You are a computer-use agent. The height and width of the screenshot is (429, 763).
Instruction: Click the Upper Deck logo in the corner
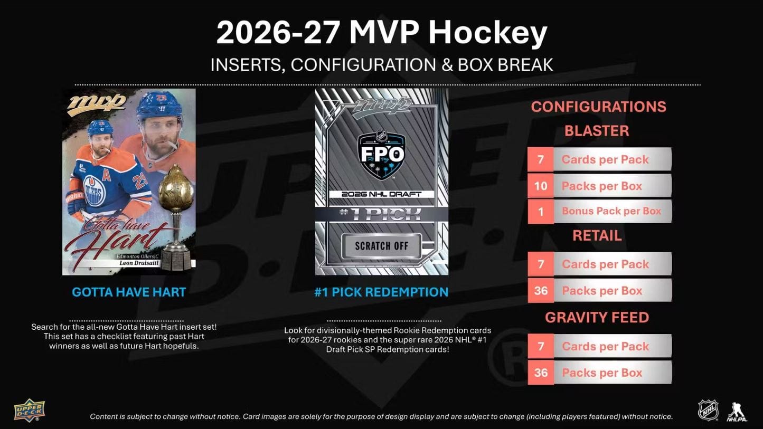coord(29,410)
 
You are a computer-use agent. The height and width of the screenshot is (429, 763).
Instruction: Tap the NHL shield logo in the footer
coord(708,411)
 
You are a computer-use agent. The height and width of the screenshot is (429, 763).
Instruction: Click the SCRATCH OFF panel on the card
coord(381,246)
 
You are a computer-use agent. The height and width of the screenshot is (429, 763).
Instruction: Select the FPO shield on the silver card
coord(381,155)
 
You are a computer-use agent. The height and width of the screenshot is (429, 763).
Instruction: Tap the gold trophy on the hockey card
coord(176,218)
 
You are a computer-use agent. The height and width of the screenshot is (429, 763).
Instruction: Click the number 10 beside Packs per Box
coord(541,186)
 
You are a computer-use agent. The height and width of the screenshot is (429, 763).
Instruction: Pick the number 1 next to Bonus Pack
coord(541,212)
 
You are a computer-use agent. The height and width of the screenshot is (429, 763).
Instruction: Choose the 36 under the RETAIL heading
coord(541,290)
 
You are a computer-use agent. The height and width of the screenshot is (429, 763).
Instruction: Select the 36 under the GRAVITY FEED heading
coord(541,373)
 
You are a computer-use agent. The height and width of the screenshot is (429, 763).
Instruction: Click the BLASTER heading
coord(597,131)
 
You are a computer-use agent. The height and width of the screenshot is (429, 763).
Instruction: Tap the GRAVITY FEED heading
coord(597,317)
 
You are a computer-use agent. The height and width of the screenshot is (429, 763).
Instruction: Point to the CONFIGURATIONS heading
coord(598,107)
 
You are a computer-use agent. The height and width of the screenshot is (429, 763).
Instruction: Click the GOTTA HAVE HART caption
coord(129,292)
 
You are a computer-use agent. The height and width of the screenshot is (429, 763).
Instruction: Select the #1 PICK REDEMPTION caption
coord(381,292)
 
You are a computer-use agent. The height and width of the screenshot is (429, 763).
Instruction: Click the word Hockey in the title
coord(487,34)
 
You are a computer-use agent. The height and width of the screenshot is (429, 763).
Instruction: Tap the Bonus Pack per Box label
coord(611,211)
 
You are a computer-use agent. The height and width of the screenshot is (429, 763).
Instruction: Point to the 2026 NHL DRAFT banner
coord(381,194)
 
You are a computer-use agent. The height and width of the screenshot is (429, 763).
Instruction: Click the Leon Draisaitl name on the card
coord(139,263)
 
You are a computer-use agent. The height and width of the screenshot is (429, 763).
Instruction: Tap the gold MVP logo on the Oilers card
coord(97,104)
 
